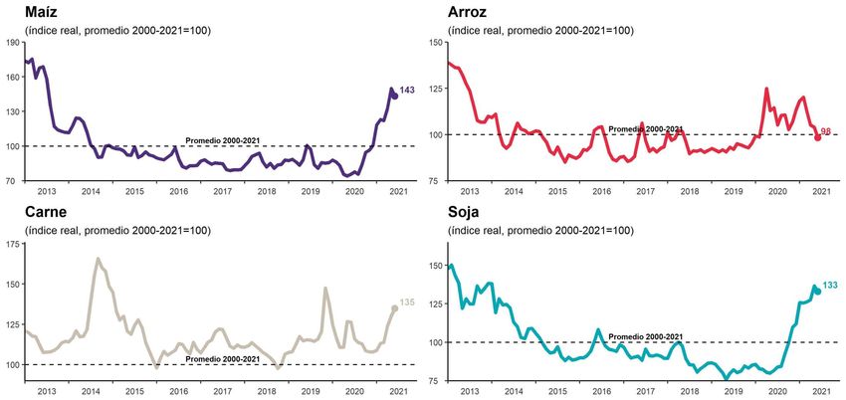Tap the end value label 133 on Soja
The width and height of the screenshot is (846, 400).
point(830,287)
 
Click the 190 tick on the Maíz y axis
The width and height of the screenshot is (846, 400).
point(13,42)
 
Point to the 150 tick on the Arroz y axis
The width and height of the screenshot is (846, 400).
point(434,42)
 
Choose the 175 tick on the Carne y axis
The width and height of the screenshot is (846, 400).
point(13,244)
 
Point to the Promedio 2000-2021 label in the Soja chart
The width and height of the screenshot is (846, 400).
point(645,336)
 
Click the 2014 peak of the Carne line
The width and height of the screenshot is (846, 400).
point(99,259)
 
